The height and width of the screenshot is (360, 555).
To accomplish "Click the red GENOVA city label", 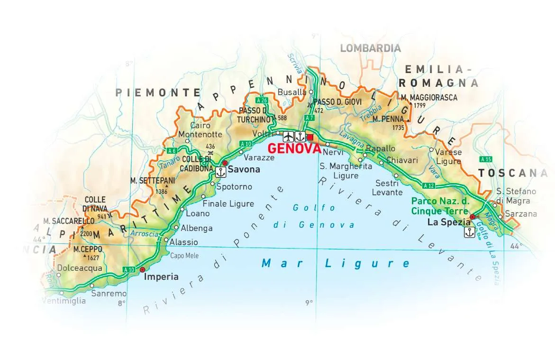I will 294,148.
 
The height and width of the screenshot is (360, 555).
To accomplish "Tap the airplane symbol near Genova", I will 288,137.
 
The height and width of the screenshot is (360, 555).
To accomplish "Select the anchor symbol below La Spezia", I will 469,232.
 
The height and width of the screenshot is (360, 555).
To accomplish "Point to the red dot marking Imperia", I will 143,269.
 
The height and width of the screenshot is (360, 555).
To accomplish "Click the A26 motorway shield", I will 261,101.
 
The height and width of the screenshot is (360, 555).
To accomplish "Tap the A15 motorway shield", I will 485,159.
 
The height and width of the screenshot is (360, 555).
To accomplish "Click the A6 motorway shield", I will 172,151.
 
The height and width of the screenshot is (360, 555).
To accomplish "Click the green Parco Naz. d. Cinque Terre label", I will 440,206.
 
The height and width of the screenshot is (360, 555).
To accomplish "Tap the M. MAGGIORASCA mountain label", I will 429,98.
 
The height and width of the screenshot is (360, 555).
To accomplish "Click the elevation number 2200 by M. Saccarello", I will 86,234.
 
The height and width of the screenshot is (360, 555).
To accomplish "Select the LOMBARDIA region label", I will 370,48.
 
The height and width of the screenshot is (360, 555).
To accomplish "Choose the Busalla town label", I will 292,92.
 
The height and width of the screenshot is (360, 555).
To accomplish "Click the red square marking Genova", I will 310,138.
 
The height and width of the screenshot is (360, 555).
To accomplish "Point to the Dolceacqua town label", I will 80,268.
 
